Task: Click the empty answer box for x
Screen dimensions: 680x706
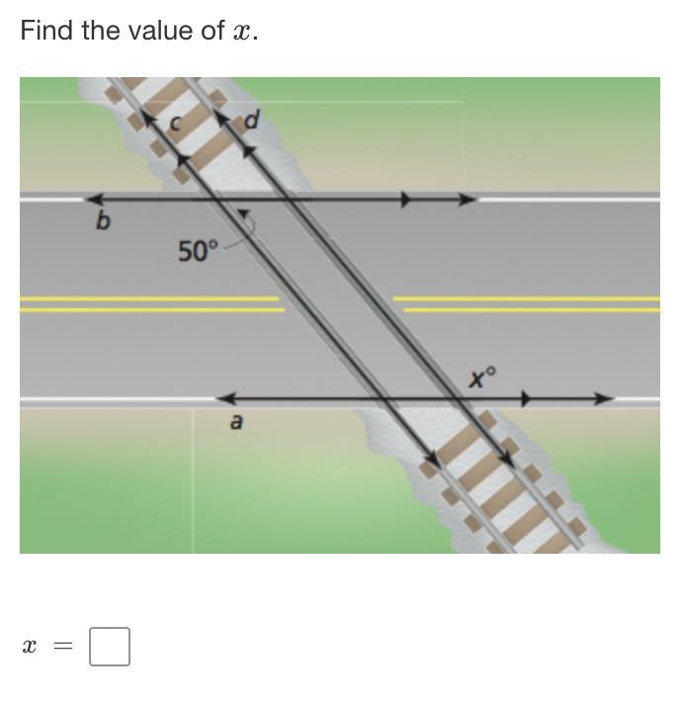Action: tap(110, 647)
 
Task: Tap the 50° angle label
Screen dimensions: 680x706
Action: tap(198, 251)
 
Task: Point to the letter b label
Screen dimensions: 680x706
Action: tap(103, 221)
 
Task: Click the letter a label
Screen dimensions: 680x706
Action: tap(236, 422)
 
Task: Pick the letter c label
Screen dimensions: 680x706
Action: tap(175, 123)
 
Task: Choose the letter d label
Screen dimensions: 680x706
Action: tap(252, 121)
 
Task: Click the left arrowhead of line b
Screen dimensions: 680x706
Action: tap(94, 199)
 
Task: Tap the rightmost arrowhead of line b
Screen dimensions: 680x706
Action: tap(468, 199)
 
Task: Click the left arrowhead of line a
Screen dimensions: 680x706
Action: tap(226, 398)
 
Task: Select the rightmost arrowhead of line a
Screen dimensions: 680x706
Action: tap(605, 398)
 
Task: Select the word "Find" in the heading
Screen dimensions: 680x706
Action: tap(46, 31)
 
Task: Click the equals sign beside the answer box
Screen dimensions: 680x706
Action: tap(63, 647)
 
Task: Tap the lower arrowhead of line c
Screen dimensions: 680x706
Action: tap(433, 459)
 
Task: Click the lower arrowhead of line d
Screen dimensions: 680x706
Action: tap(506, 458)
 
